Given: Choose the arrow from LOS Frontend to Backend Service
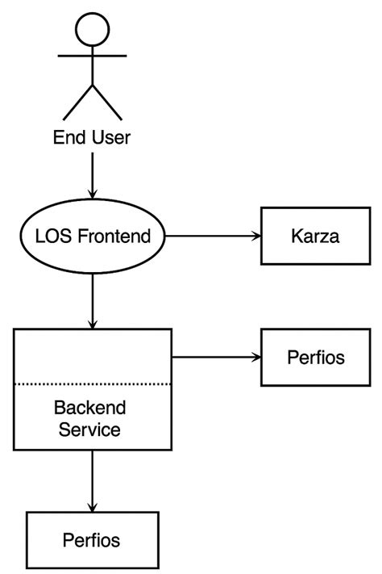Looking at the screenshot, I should (93, 299).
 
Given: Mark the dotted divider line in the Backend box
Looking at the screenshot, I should (93, 383).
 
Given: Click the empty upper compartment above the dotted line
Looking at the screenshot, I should (93, 356).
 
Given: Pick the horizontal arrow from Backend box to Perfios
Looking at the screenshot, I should (214, 356).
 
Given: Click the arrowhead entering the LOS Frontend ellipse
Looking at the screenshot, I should (93, 194).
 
